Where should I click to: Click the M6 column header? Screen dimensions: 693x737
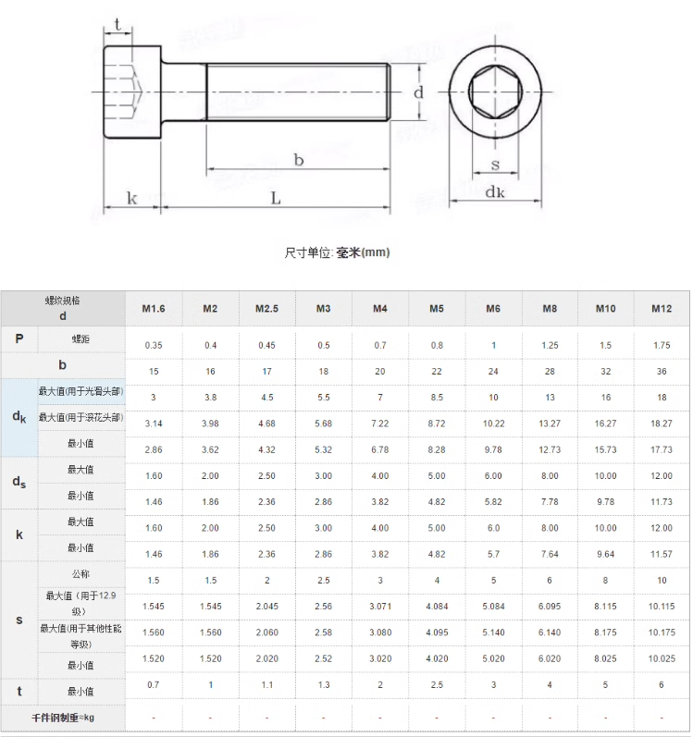pyautogui.click(x=493, y=308)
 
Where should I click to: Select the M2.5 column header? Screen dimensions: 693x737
pyautogui.click(x=266, y=308)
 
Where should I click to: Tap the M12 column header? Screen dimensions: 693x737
pyautogui.click(x=662, y=308)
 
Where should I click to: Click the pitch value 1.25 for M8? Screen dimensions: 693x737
pyautogui.click(x=550, y=346)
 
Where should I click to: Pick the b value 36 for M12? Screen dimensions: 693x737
pyautogui.click(x=662, y=372)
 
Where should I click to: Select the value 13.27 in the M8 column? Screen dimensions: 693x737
pyautogui.click(x=550, y=424)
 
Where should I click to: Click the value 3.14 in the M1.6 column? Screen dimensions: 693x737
pyautogui.click(x=154, y=424)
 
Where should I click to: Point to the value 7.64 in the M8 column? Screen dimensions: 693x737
pyautogui.click(x=550, y=554)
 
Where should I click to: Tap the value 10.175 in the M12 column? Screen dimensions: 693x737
pyautogui.click(x=662, y=633)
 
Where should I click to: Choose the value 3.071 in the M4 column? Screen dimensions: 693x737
pyautogui.click(x=380, y=607)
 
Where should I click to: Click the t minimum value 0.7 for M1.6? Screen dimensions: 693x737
pyautogui.click(x=154, y=685)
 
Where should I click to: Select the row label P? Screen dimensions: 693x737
pyautogui.click(x=19, y=338)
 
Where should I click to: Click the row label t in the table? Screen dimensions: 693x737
pyautogui.click(x=19, y=691)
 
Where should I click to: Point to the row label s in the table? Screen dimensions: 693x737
pyautogui.click(x=19, y=620)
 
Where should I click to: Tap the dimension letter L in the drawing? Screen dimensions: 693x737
pyautogui.click(x=276, y=198)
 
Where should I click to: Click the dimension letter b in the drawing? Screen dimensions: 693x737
pyautogui.click(x=299, y=160)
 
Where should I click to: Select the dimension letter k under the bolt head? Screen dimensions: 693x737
pyautogui.click(x=131, y=198)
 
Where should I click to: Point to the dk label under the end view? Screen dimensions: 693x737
pyautogui.click(x=495, y=191)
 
